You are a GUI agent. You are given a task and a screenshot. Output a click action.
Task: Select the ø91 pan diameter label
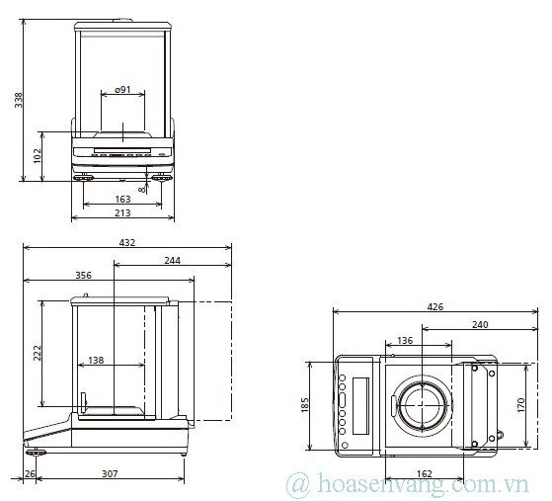(x=122, y=90)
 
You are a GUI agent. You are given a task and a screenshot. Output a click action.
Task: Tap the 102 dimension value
(x=38, y=156)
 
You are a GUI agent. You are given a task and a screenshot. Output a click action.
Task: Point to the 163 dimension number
(x=121, y=200)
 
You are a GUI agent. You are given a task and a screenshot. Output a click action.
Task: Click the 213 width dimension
(x=122, y=213)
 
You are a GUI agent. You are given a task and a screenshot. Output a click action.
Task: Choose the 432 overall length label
(x=126, y=242)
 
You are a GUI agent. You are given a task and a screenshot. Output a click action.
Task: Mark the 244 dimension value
(x=172, y=261)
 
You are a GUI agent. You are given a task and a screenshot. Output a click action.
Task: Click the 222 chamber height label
(x=37, y=353)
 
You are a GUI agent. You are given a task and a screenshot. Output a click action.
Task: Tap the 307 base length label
(x=110, y=474)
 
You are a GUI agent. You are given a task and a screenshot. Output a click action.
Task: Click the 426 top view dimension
(x=434, y=307)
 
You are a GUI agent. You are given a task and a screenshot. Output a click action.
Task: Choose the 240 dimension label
(x=479, y=324)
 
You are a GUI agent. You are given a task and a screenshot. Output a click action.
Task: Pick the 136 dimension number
(x=405, y=341)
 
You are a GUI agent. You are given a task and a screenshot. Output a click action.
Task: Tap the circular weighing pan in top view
(x=424, y=405)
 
